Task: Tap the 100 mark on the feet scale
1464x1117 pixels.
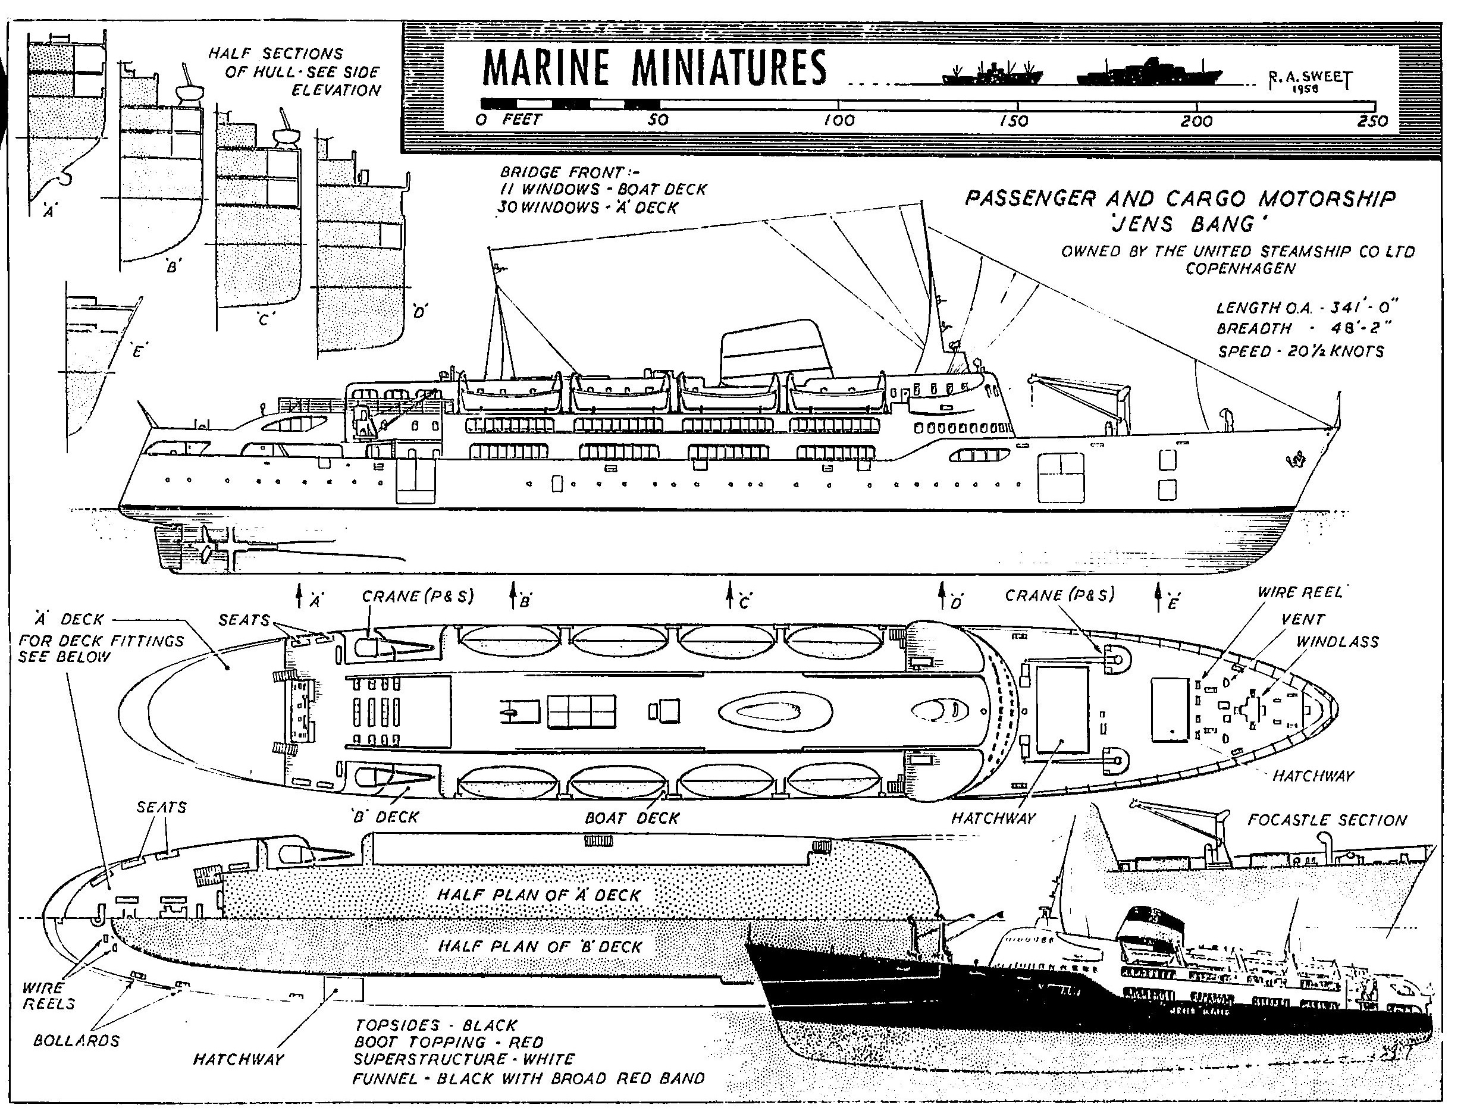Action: (838, 120)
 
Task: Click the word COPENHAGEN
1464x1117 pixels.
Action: (1240, 269)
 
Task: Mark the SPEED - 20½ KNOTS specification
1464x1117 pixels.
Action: (1300, 351)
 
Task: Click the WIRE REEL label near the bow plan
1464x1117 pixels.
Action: (1300, 592)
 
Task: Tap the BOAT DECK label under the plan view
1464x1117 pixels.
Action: (632, 818)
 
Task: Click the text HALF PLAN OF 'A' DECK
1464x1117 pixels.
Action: (538, 895)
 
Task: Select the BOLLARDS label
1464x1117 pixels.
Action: (77, 1040)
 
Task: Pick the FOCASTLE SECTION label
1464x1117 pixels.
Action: (1327, 820)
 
